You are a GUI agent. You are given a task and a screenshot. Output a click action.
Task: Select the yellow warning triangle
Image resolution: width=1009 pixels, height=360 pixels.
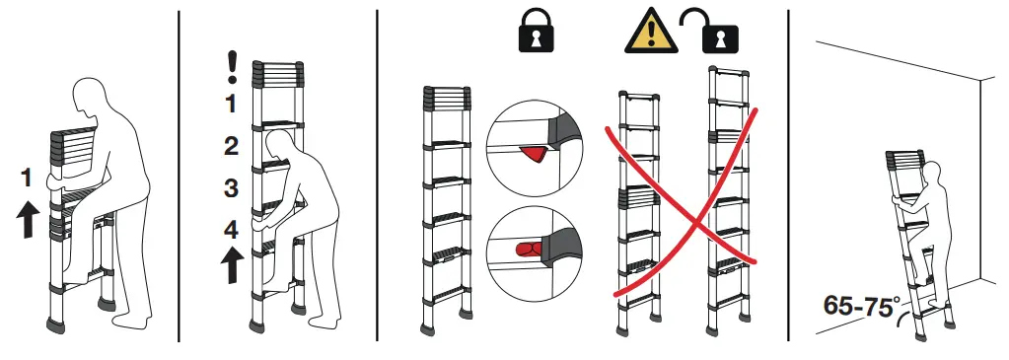click(646, 33)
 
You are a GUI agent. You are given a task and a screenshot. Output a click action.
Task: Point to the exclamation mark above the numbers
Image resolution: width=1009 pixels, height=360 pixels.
click(233, 67)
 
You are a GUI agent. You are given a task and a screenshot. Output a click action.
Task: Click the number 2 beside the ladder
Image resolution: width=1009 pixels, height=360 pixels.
click(231, 147)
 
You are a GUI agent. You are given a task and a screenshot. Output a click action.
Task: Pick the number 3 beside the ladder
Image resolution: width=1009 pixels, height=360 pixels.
click(231, 187)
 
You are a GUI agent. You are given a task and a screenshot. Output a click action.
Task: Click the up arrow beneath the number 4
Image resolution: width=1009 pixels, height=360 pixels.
click(232, 265)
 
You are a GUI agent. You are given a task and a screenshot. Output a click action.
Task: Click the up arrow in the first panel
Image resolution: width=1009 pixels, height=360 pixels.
click(29, 218)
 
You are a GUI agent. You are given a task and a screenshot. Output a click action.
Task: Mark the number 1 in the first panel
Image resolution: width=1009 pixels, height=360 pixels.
click(28, 179)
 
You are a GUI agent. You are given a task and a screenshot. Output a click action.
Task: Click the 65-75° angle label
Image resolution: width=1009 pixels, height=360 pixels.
click(857, 305)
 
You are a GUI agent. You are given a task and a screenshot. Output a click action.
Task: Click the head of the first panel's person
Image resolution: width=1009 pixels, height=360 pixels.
click(93, 101)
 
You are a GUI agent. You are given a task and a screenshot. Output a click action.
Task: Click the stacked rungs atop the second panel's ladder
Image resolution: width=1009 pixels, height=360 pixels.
click(280, 73)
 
